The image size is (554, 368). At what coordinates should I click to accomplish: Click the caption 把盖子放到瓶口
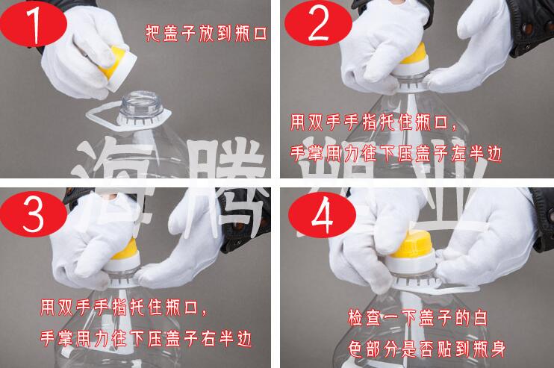[205, 33]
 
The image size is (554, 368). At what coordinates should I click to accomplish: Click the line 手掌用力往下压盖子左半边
[394, 154]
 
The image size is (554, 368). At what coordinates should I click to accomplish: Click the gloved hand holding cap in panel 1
[71, 60]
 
